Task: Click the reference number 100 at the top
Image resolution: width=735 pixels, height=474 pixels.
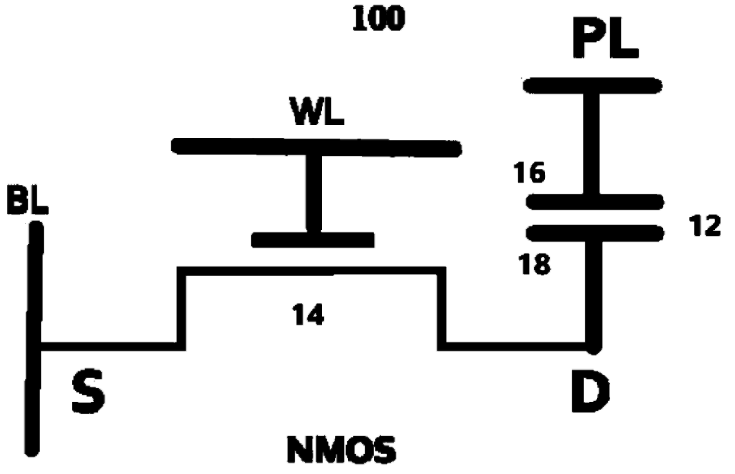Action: click(x=378, y=18)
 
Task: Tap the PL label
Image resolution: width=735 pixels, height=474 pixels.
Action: click(x=604, y=41)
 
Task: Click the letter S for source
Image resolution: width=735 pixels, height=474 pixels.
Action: click(x=88, y=392)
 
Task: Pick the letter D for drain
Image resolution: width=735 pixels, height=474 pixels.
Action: click(x=589, y=392)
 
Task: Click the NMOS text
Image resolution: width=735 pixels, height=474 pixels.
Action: click(x=340, y=453)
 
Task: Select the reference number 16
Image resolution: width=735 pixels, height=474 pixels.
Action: click(x=529, y=173)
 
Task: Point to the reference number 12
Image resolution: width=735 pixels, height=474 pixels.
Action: click(x=705, y=226)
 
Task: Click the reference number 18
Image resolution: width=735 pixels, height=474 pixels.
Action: click(x=532, y=264)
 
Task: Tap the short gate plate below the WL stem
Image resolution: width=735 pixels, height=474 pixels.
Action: click(x=313, y=241)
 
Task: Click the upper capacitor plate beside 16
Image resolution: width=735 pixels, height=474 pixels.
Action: click(x=595, y=202)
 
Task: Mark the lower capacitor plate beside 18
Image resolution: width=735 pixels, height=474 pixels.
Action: click(x=596, y=231)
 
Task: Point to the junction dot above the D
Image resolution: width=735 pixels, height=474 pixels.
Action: click(x=594, y=348)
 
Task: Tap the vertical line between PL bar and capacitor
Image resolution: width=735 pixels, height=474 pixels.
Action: click(x=593, y=143)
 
